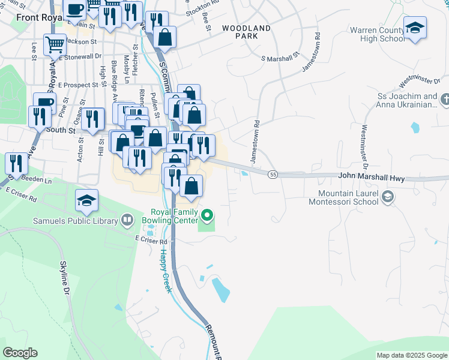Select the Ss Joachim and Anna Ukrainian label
point(406,101)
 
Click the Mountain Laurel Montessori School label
point(348,197)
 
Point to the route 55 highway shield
point(273,174)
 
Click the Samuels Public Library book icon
point(127,220)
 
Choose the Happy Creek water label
point(165,270)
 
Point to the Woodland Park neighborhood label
point(246,32)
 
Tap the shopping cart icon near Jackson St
point(55,43)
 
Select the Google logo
point(20,353)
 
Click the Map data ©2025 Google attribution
point(411,355)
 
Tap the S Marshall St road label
point(280,58)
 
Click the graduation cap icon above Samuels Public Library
point(87,200)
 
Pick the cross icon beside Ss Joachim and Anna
point(445,98)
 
